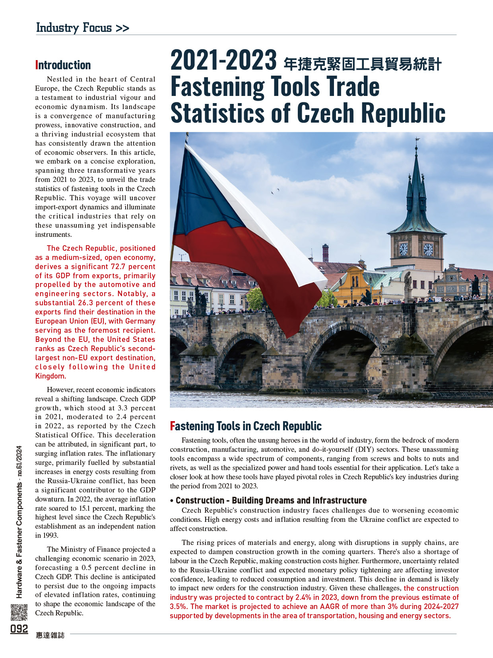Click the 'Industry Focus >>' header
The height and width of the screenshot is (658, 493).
[x=82, y=27]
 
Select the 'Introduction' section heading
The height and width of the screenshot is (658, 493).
[x=63, y=65]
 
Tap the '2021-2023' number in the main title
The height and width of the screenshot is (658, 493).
[x=223, y=61]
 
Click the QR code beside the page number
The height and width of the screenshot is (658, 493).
[x=19, y=612]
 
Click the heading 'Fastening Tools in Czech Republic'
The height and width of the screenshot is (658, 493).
[x=246, y=426]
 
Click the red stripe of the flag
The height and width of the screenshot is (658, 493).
[x=246, y=271]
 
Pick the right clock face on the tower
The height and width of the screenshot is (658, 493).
[x=428, y=249]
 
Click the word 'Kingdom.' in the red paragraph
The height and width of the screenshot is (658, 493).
[x=50, y=376]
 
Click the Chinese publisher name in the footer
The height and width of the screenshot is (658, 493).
[x=50, y=635]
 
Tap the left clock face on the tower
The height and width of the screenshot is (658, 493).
[x=403, y=250]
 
